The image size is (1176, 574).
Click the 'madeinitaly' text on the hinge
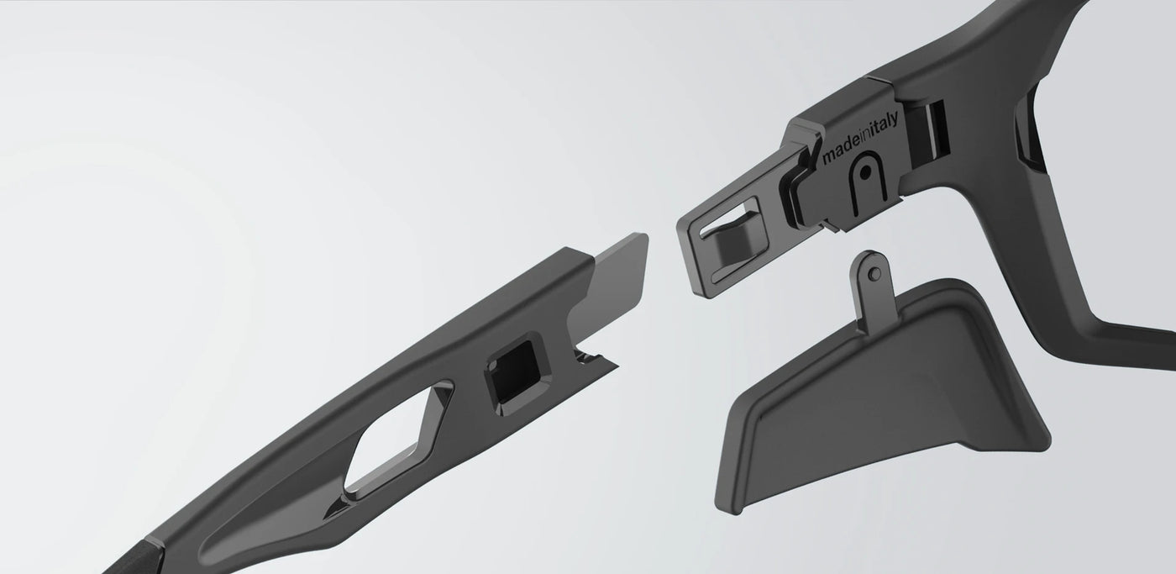pos(860,138)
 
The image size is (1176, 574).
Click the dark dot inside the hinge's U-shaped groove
pos(866,171)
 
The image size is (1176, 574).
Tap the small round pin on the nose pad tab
pos(875,273)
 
